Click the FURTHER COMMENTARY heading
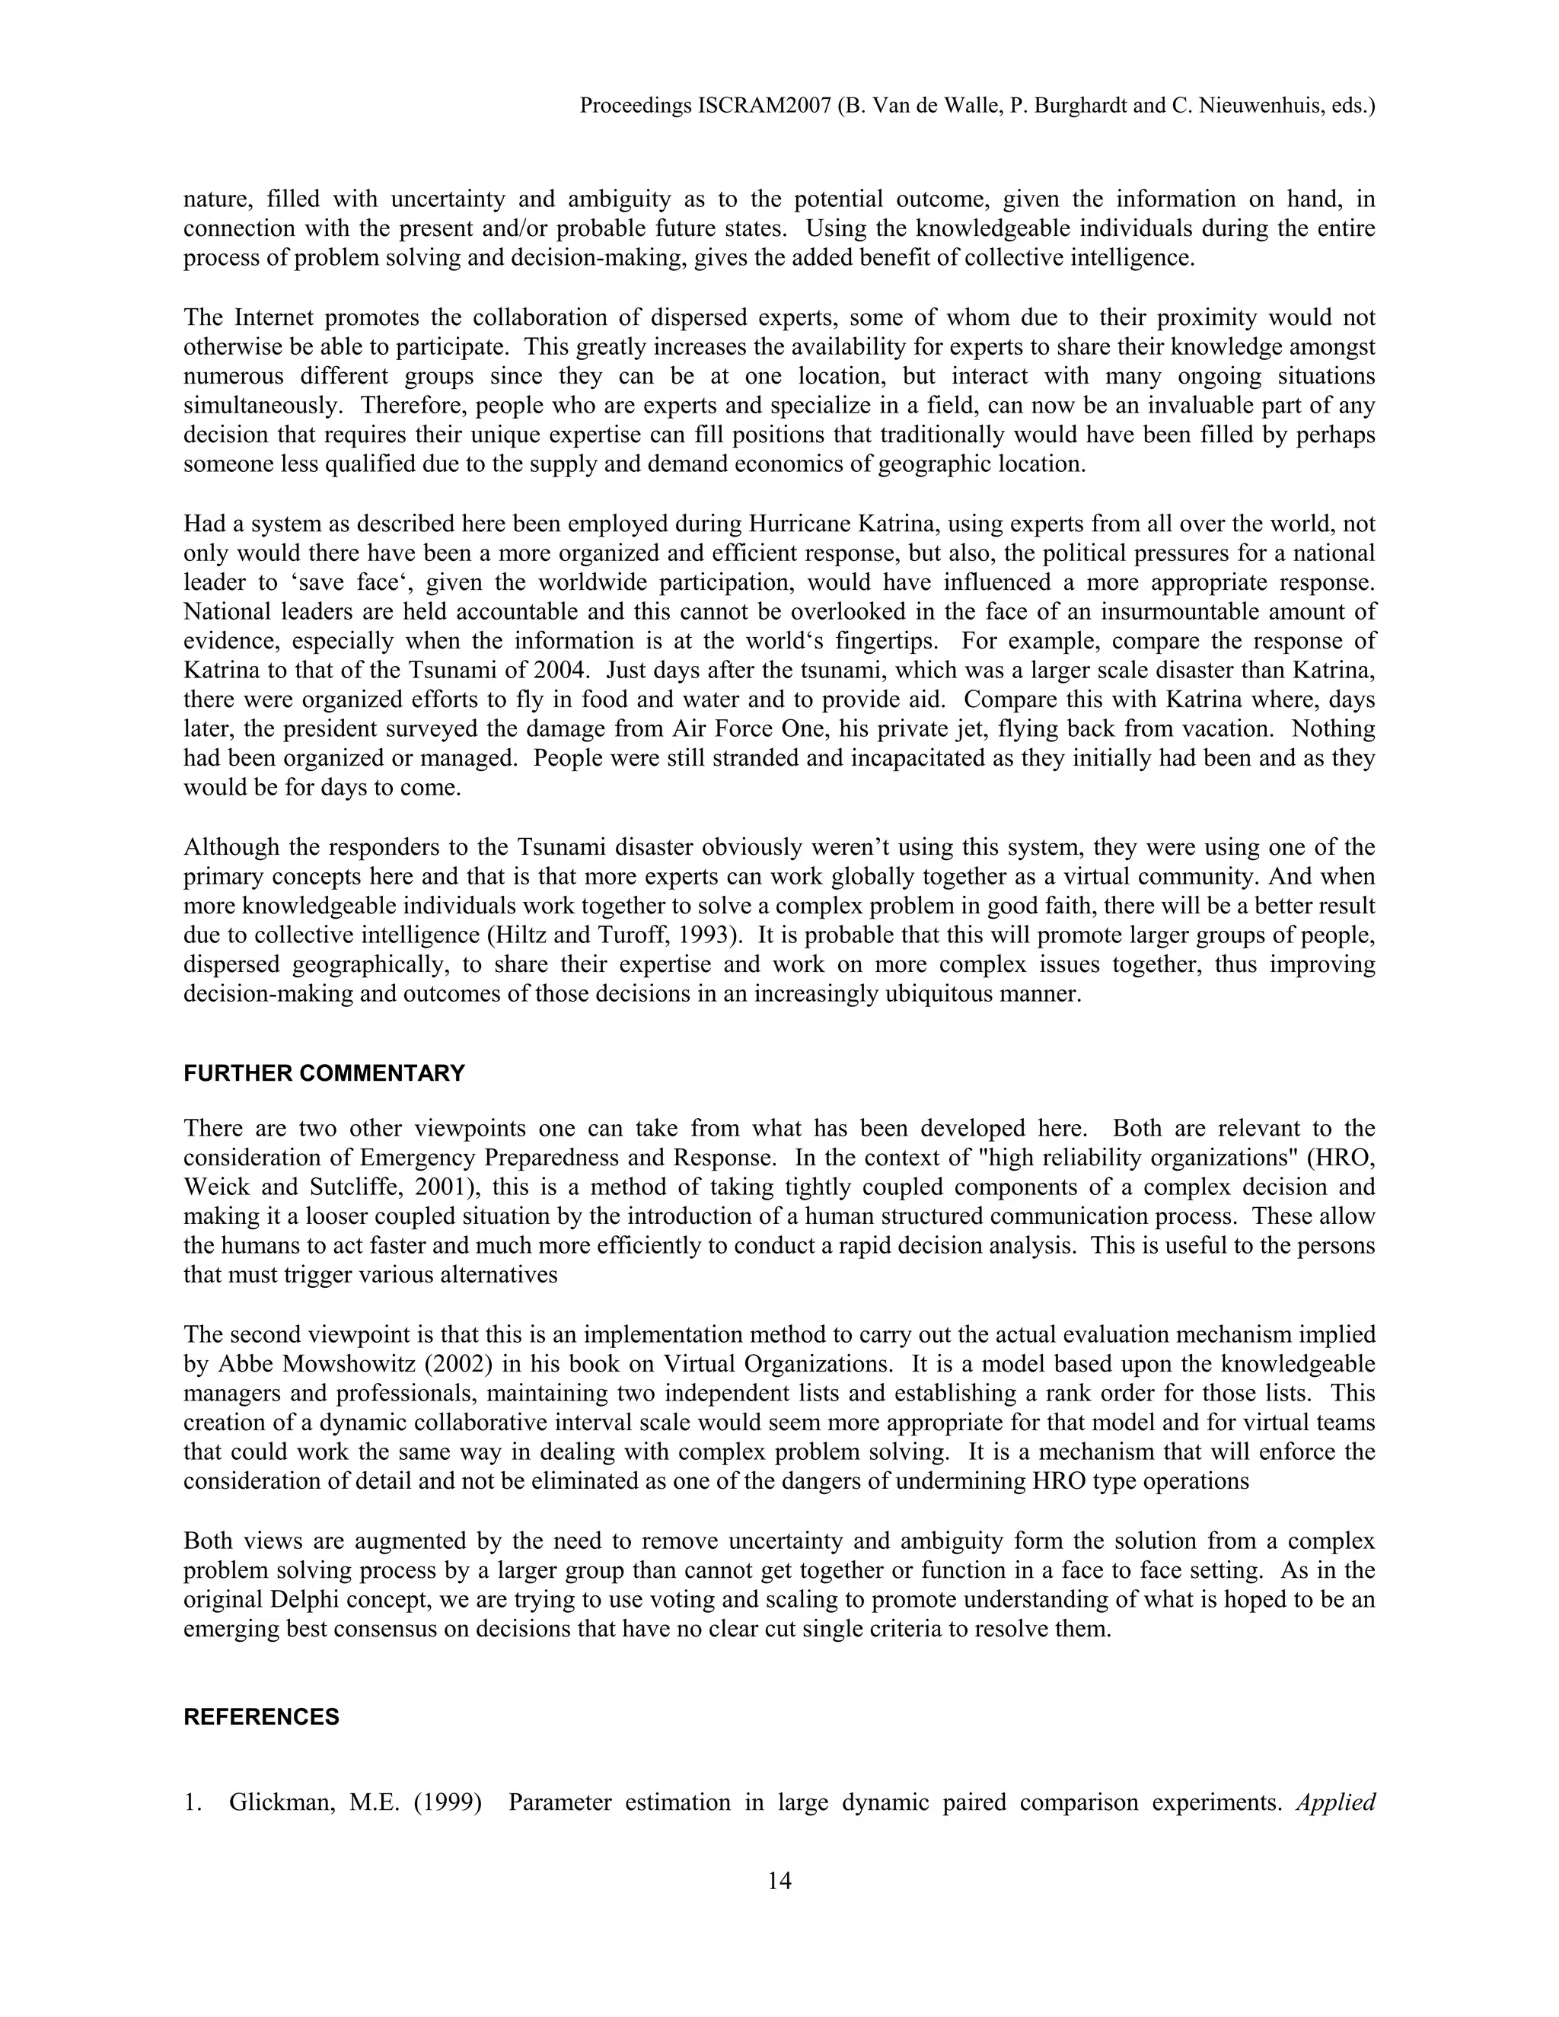pos(324,1073)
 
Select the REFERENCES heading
pos(261,1717)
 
